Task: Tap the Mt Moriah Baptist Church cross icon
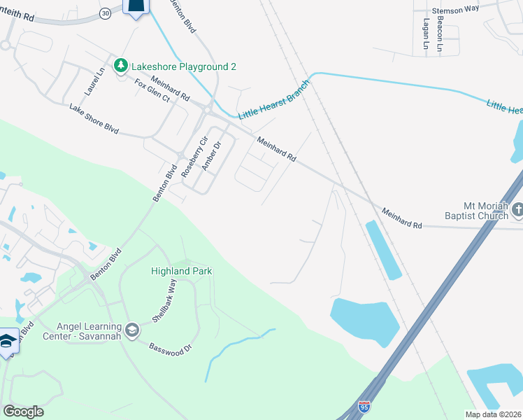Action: click(517, 209)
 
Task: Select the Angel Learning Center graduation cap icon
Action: click(131, 328)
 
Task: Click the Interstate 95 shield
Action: click(364, 406)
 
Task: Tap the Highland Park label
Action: click(181, 271)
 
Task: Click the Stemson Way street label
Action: click(456, 10)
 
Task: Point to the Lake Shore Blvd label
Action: click(94, 119)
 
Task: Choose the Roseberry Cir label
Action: click(195, 156)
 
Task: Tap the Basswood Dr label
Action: click(166, 349)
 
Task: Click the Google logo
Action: click(23, 411)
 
